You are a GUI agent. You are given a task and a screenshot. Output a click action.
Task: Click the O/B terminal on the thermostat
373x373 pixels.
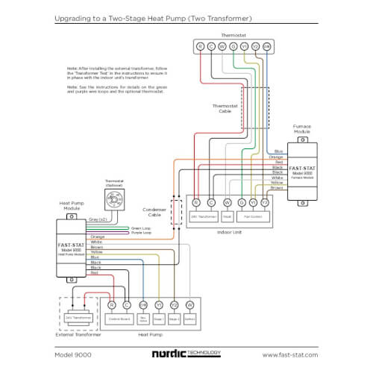(x=266, y=46)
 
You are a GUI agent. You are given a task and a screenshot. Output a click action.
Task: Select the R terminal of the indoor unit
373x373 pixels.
(x=196, y=201)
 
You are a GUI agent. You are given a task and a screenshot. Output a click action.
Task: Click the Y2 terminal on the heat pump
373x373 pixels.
(x=174, y=304)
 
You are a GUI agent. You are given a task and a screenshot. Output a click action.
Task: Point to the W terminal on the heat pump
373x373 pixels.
(x=189, y=304)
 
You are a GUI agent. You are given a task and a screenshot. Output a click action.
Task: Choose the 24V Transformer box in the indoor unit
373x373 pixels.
(x=204, y=216)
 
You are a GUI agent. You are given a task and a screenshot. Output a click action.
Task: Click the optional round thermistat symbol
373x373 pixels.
(x=113, y=198)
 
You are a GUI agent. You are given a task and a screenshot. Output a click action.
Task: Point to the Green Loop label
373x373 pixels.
(x=142, y=228)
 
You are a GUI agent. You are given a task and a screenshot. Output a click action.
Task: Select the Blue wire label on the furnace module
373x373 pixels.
(x=278, y=151)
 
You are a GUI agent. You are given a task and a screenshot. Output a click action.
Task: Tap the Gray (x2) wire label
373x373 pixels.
(x=98, y=219)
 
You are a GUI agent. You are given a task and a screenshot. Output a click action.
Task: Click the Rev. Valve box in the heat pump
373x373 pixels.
(x=143, y=319)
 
